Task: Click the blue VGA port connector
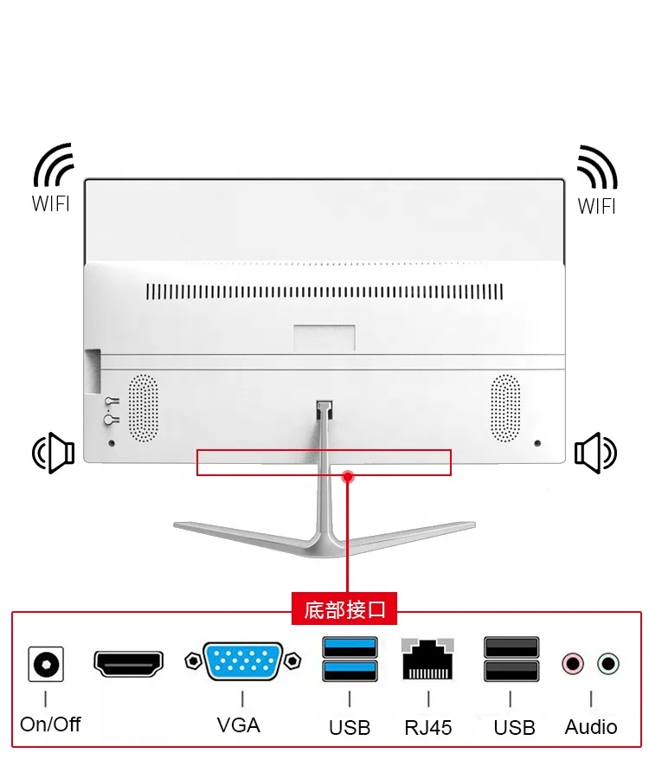click(242, 662)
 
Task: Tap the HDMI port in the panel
click(128, 664)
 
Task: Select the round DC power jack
click(46, 664)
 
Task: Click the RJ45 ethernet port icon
click(427, 660)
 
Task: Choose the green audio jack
click(608, 664)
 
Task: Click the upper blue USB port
click(350, 647)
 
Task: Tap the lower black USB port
click(511, 671)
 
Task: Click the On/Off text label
click(50, 724)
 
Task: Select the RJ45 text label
click(428, 727)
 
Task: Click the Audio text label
click(591, 727)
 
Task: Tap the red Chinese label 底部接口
click(344, 609)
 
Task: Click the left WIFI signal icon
click(54, 166)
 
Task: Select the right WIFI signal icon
click(597, 167)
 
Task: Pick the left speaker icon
click(54, 452)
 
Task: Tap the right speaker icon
click(595, 452)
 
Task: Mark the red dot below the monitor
click(348, 476)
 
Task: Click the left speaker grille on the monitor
click(144, 409)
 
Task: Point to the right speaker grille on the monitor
click(505, 407)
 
